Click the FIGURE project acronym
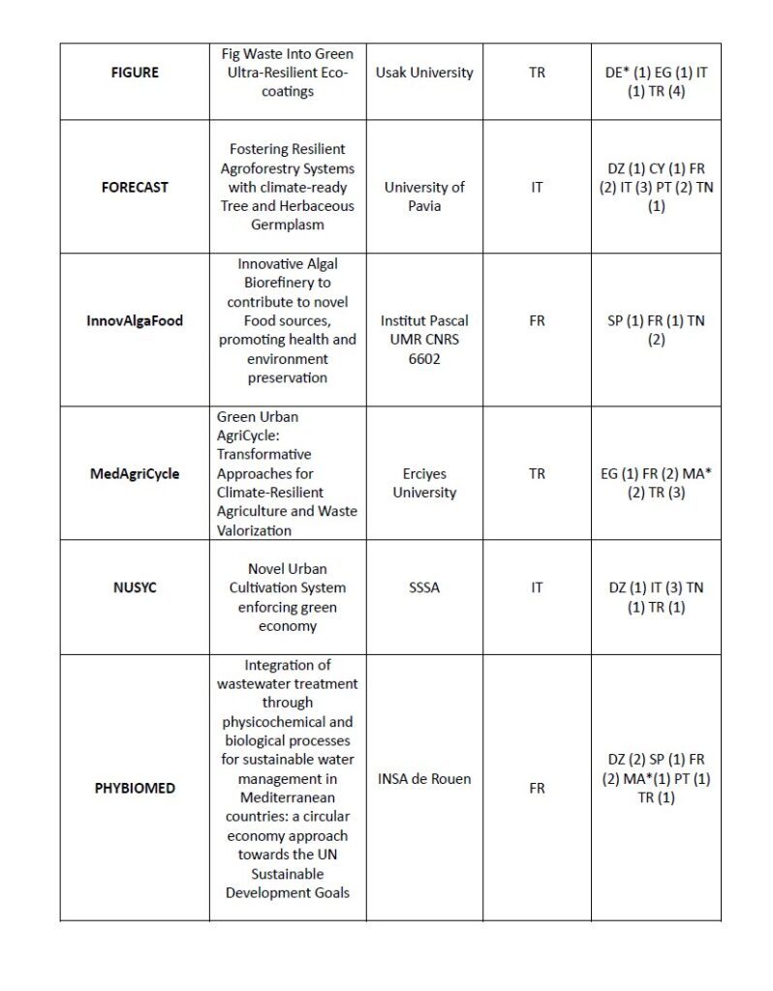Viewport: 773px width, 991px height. pyautogui.click(x=135, y=73)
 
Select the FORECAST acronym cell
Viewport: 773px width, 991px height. pyautogui.click(x=135, y=187)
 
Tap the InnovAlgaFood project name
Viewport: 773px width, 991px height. pyautogui.click(x=135, y=320)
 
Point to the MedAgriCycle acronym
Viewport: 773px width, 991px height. pyautogui.click(x=135, y=474)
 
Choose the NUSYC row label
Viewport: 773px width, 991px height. pyautogui.click(x=135, y=587)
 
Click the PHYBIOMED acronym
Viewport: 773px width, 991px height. pyautogui.click(x=135, y=788)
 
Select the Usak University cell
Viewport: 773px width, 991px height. pyautogui.click(x=425, y=73)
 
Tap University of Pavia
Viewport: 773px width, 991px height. pyautogui.click(x=425, y=196)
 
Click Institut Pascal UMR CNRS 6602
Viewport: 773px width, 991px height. pyautogui.click(x=425, y=339)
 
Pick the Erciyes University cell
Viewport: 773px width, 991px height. pyautogui.click(x=425, y=483)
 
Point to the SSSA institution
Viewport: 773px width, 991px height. pyautogui.click(x=425, y=587)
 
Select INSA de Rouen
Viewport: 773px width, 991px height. pyautogui.click(x=425, y=778)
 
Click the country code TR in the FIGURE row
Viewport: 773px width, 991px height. pyautogui.click(x=537, y=73)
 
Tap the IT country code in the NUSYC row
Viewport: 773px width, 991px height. pyautogui.click(x=537, y=587)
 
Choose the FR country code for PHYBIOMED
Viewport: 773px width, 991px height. pyautogui.click(x=537, y=788)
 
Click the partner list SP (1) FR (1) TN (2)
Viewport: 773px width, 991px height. pyautogui.click(x=656, y=330)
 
